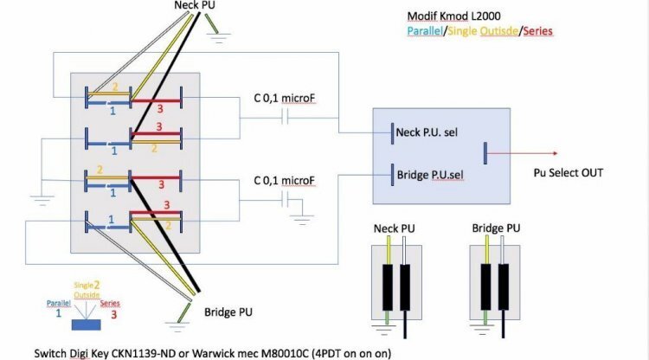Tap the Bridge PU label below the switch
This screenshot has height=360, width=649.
229,312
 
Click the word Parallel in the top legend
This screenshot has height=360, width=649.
427,31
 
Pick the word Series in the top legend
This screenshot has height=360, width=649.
537,31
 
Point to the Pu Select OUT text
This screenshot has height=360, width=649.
569,172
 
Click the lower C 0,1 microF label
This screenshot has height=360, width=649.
284,180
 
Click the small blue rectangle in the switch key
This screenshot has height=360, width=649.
86,325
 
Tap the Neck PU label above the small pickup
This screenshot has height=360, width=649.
394,229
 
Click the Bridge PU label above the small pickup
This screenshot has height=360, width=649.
496,229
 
